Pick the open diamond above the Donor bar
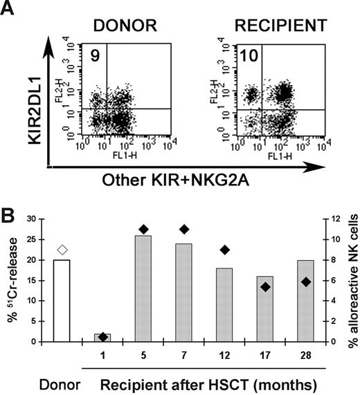(x=62, y=250)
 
